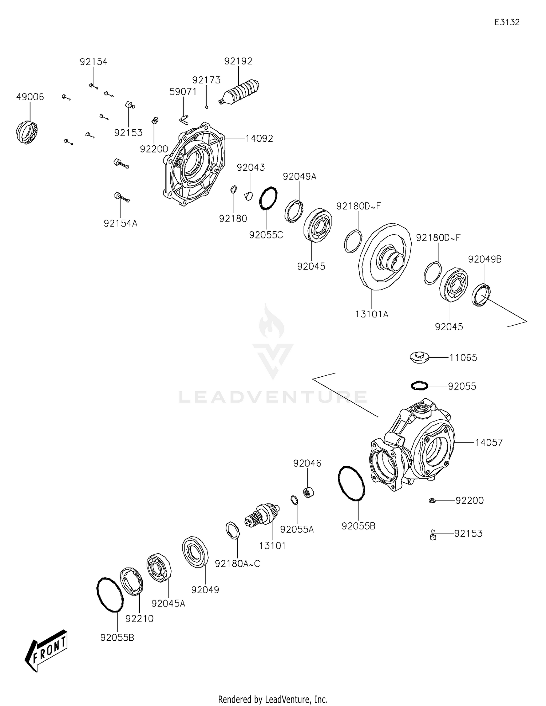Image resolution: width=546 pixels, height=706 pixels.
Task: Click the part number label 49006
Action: [30, 97]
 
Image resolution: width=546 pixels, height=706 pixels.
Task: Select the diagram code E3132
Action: [507, 22]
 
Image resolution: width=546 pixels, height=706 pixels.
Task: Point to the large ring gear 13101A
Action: [385, 257]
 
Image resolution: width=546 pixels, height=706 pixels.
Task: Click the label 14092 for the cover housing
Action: [259, 138]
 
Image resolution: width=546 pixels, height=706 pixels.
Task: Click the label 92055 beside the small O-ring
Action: [462, 386]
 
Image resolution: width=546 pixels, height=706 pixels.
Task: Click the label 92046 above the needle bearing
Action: [307, 463]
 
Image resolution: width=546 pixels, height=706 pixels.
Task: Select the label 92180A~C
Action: [237, 564]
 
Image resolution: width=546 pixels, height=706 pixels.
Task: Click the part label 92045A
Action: [168, 604]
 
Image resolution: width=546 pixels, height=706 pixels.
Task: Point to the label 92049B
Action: [484, 259]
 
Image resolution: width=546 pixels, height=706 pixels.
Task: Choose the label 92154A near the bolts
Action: [120, 223]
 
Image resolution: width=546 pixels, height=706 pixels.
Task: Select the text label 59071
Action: [183, 92]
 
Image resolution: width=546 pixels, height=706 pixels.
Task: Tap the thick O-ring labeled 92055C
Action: [268, 198]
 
